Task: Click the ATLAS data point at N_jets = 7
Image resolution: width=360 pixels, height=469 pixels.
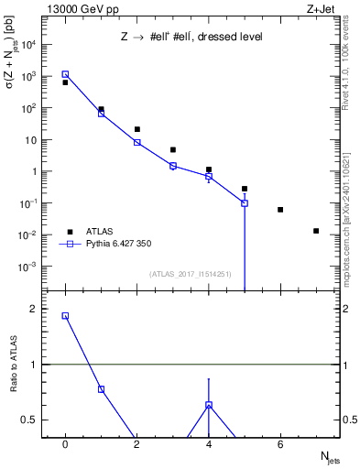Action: pyautogui.click(x=316, y=231)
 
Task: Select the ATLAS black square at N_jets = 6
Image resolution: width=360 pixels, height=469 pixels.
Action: pyautogui.click(x=280, y=210)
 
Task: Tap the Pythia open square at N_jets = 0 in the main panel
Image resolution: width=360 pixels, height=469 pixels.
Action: pyautogui.click(x=65, y=74)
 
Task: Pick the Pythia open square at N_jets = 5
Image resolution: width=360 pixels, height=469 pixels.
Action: pyautogui.click(x=245, y=202)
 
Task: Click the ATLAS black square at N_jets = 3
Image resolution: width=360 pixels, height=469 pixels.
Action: pyautogui.click(x=173, y=149)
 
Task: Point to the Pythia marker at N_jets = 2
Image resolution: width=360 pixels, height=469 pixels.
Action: pyautogui.click(x=137, y=142)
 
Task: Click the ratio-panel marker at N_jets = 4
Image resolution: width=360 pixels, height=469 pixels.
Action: pyautogui.click(x=209, y=405)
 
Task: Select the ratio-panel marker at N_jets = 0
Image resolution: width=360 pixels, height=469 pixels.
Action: pyautogui.click(x=65, y=315)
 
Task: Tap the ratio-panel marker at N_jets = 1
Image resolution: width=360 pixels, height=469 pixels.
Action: pyautogui.click(x=101, y=389)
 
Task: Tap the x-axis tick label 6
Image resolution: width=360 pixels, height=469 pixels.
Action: pyautogui.click(x=280, y=444)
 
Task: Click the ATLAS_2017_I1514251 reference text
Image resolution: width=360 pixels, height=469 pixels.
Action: pyautogui.click(x=191, y=274)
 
